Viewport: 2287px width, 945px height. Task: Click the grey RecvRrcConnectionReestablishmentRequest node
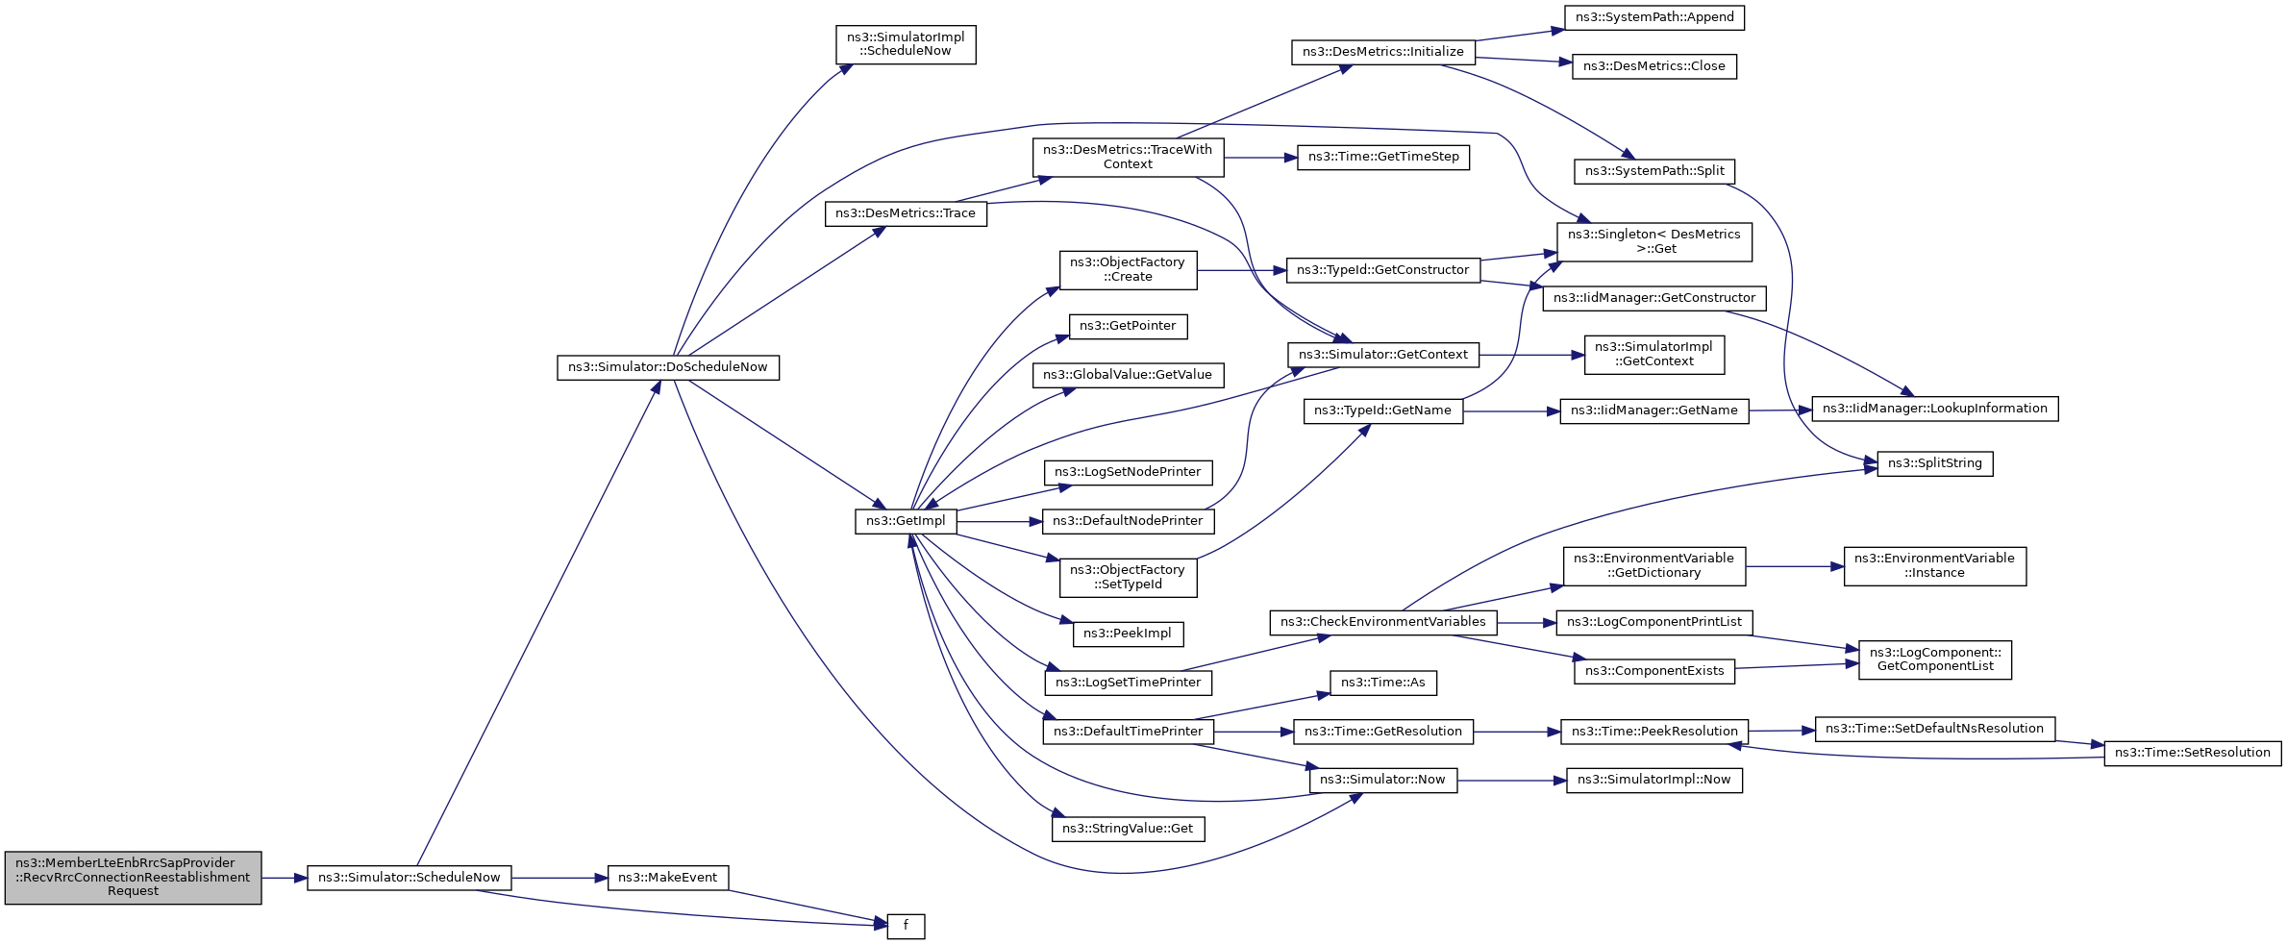pos(133,878)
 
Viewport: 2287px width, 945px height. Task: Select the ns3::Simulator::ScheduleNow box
pos(409,878)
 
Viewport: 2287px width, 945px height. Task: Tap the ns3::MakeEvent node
pos(668,878)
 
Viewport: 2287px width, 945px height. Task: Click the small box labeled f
pos(906,926)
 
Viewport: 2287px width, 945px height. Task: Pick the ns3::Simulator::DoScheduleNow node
pos(667,367)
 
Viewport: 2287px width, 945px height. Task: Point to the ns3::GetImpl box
pos(905,521)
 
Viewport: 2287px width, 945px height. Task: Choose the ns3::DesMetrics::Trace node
pos(905,213)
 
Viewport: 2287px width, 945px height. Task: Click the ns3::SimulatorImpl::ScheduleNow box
pos(906,44)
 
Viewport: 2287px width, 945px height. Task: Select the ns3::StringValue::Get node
pos(1128,829)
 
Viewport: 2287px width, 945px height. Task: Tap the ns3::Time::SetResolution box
pos(2192,753)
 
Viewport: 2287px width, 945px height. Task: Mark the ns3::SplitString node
pos(1934,463)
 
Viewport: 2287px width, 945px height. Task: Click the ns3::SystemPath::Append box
pos(1653,17)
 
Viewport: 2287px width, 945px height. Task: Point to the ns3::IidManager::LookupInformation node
pos(1934,409)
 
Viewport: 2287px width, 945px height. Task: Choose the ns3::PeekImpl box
pos(1128,634)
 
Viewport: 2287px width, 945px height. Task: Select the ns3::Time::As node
pos(1382,683)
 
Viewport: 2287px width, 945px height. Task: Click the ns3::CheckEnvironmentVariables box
pos(1382,622)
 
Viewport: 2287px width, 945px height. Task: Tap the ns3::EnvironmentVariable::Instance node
pos(1934,565)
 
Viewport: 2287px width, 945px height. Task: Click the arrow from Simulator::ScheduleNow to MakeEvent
pos(559,878)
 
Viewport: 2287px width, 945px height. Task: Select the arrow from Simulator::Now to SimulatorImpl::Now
pos(1511,781)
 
